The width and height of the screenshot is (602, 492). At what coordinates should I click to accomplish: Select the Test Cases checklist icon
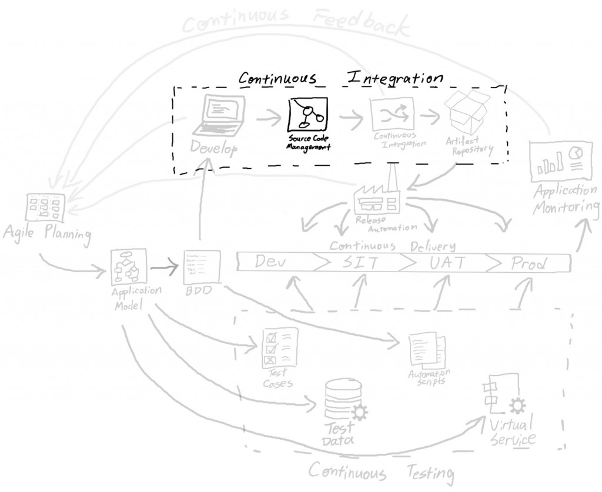278,349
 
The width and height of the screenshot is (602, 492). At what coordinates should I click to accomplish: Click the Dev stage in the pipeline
270,262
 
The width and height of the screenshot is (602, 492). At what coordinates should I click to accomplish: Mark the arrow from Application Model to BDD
165,267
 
